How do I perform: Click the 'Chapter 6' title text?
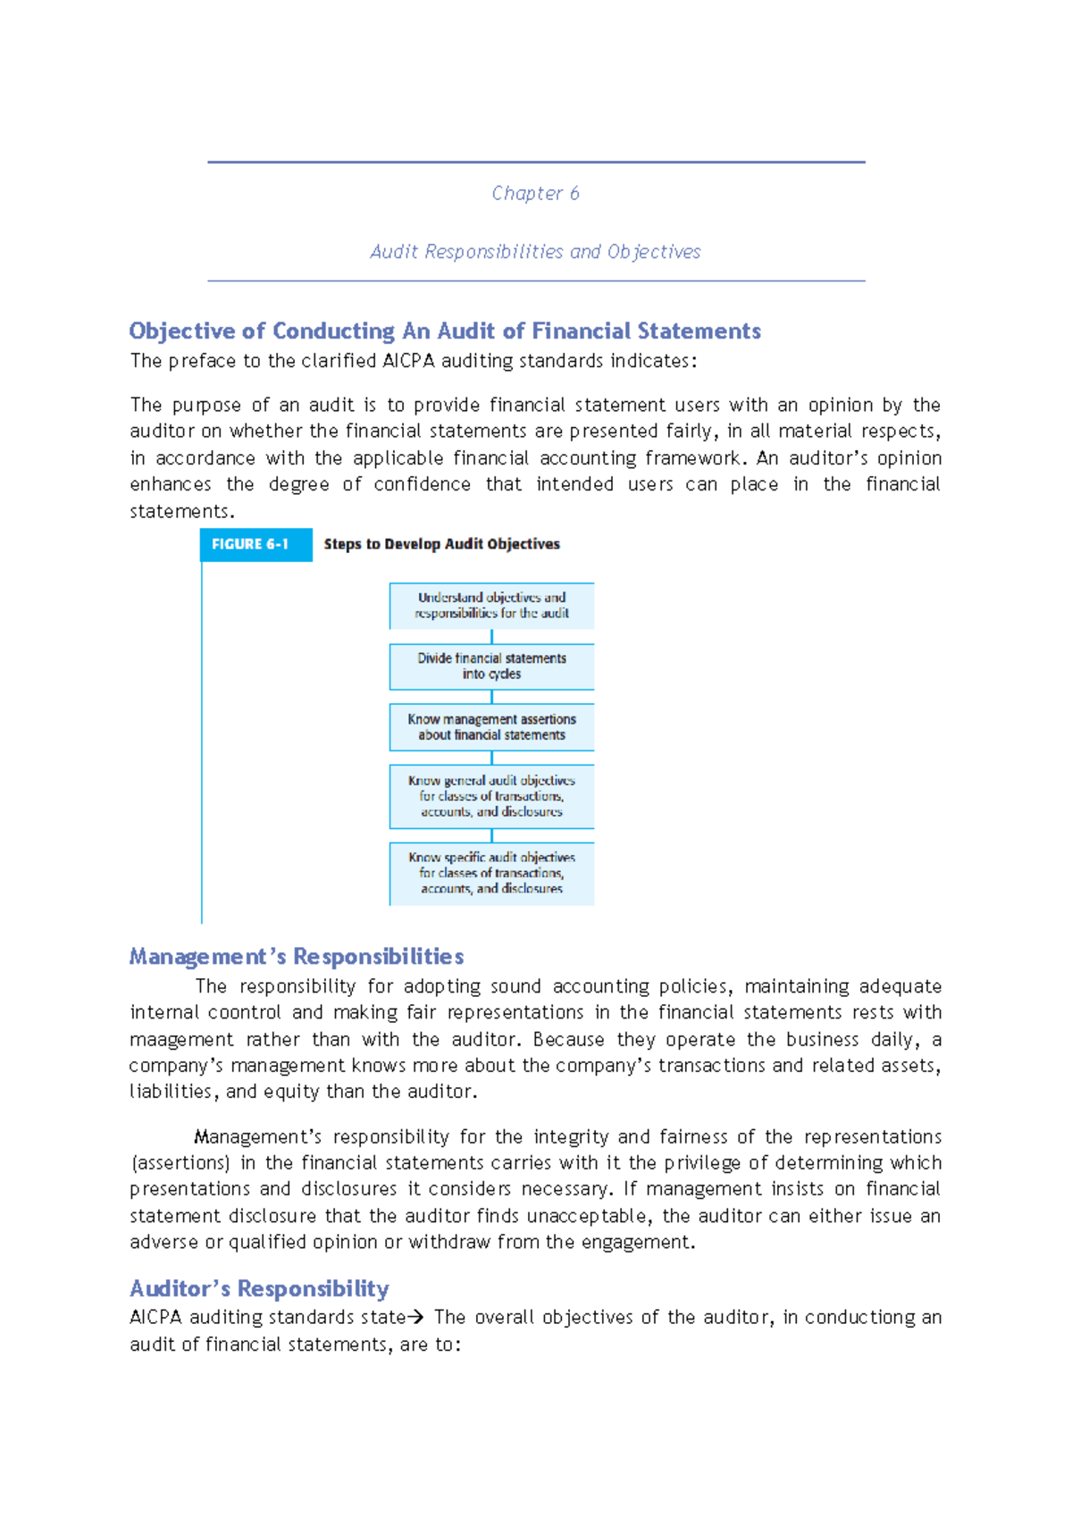[x=535, y=193]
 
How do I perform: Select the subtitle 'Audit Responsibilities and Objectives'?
[x=535, y=252]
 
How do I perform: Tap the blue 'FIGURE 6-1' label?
[x=251, y=544]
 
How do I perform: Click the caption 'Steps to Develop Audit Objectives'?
[x=441, y=544]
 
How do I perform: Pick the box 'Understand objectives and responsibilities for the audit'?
[x=491, y=606]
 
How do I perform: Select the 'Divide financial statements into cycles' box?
[x=491, y=666]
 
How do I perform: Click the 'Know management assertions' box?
[x=491, y=727]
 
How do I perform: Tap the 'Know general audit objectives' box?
[x=491, y=796]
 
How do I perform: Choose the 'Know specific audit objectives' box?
[x=491, y=873]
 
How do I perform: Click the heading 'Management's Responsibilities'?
[x=296, y=957]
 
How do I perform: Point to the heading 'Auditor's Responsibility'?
[x=259, y=1288]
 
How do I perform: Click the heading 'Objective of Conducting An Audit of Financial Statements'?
[x=445, y=331]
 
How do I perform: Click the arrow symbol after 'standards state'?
[x=415, y=1318]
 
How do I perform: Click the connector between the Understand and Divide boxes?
[x=491, y=637]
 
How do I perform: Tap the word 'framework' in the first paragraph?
[x=693, y=458]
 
